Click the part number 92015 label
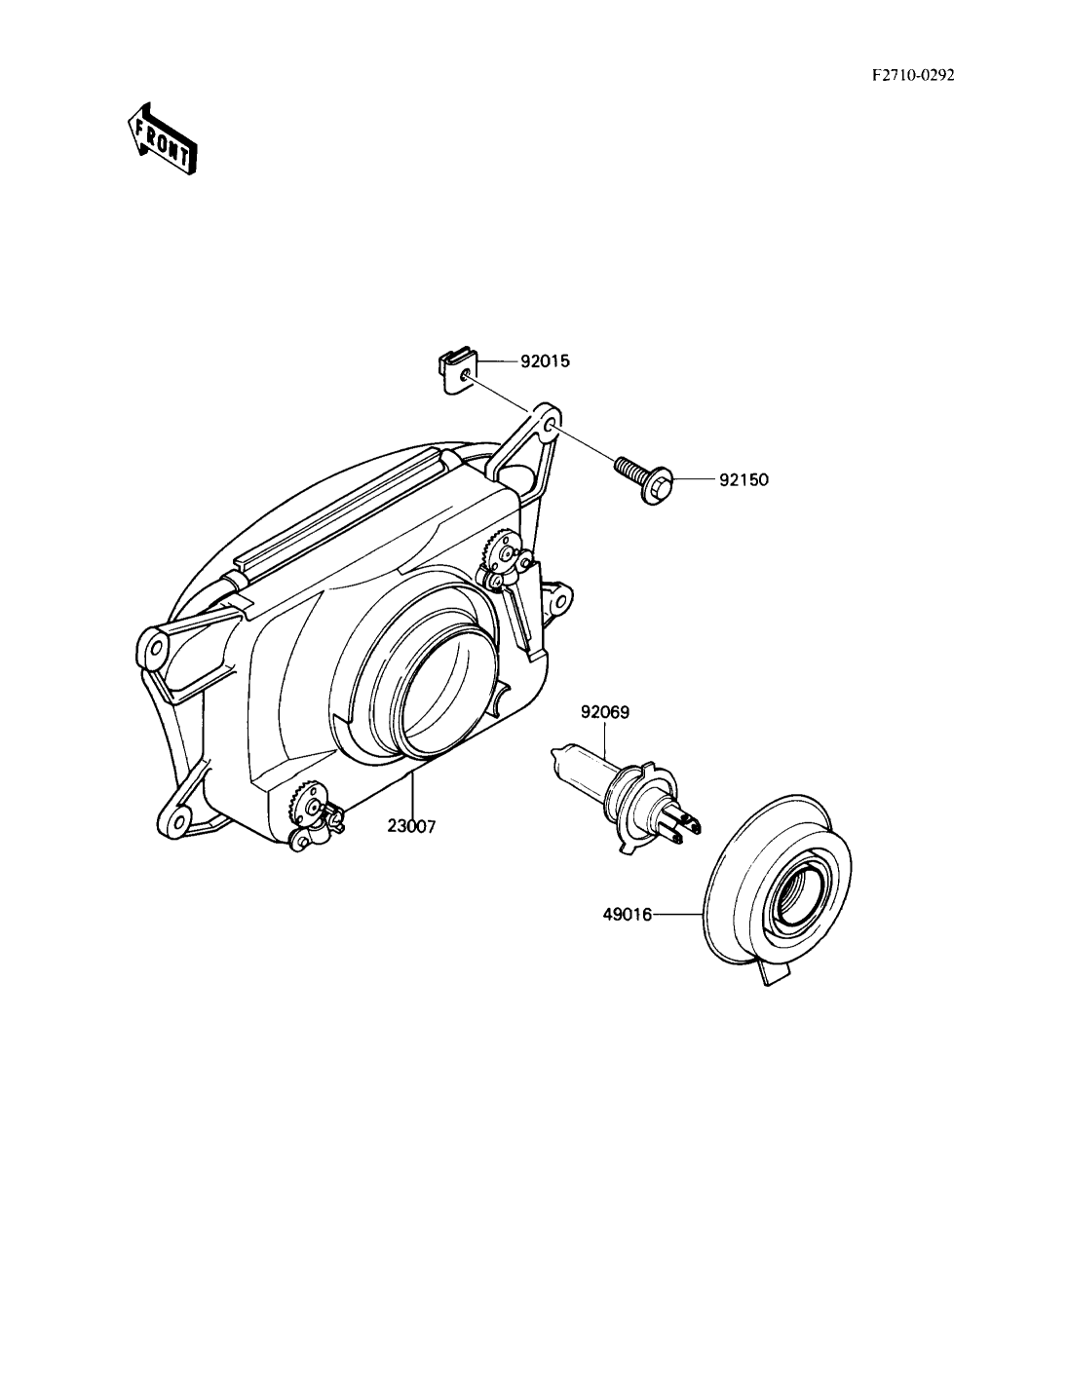click(x=545, y=361)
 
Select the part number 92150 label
click(x=744, y=480)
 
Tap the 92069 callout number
click(x=605, y=713)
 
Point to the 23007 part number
click(x=412, y=827)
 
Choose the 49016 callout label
click(x=628, y=915)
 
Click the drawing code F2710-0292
click(x=913, y=75)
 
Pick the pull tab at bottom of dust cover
click(x=775, y=975)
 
